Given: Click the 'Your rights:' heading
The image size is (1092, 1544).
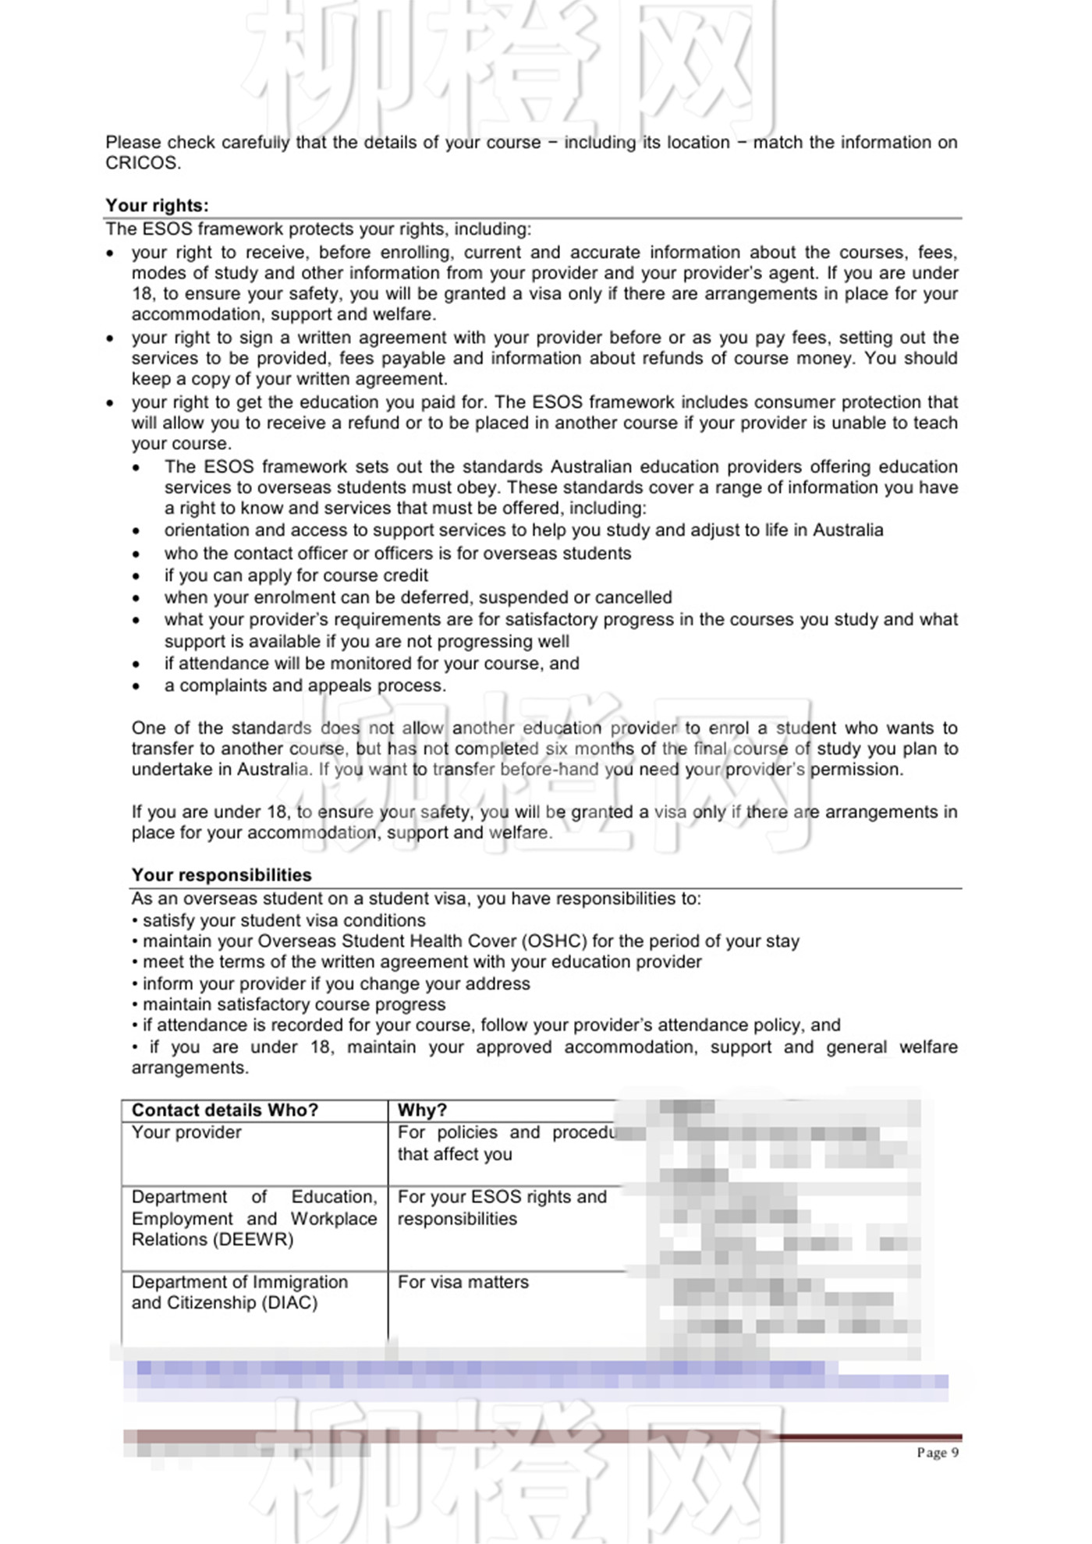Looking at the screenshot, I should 157,205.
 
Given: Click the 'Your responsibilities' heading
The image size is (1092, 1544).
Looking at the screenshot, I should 222,875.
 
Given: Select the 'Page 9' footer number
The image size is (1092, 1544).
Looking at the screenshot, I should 937,1452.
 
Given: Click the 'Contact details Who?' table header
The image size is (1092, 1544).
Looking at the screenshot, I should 225,1110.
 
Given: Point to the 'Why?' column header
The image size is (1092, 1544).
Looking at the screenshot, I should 422,1110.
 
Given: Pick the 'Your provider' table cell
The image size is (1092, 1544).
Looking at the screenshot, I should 186,1132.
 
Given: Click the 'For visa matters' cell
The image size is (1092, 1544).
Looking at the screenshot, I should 463,1282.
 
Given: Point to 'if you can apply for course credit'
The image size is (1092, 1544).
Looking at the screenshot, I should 296,575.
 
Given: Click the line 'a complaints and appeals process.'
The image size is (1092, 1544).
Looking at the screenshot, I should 305,685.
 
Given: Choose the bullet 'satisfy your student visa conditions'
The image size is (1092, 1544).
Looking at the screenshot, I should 284,920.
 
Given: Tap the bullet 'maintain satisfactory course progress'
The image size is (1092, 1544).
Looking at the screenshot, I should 294,1004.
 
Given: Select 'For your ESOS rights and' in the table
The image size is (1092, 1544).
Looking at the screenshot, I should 502,1196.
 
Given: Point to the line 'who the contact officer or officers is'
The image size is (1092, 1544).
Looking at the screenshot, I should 398,554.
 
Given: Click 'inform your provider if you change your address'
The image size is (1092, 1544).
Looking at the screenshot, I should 336,983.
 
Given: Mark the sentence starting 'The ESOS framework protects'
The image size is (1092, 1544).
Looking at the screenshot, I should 318,229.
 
